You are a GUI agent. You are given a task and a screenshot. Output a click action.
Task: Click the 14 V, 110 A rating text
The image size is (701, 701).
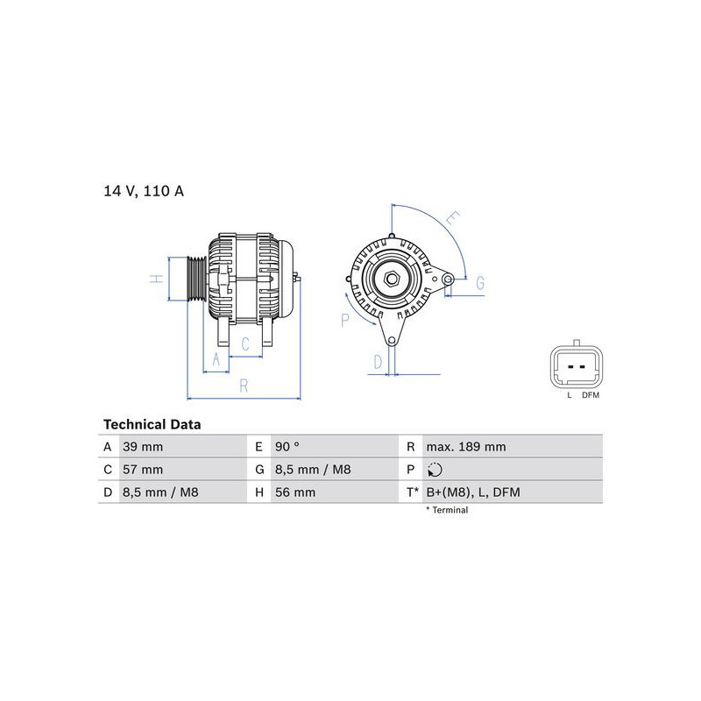tap(144, 191)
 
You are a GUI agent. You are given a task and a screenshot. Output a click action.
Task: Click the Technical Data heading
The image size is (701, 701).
tap(152, 424)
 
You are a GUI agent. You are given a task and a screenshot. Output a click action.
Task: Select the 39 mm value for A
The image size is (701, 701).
tap(143, 447)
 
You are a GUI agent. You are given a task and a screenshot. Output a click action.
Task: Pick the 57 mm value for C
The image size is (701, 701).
tap(143, 470)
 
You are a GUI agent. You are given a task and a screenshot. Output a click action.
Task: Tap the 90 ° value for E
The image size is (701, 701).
tap(287, 447)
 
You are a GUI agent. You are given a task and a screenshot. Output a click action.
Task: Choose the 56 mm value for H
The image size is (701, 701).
tap(295, 492)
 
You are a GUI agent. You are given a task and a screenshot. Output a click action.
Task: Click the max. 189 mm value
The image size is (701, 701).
tap(466, 447)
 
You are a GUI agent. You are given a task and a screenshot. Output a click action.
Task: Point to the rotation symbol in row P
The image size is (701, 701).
tap(435, 470)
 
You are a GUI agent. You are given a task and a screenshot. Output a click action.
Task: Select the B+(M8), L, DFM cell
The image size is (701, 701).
tap(473, 492)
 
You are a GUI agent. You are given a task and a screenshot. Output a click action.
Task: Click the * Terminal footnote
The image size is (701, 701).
tap(447, 510)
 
